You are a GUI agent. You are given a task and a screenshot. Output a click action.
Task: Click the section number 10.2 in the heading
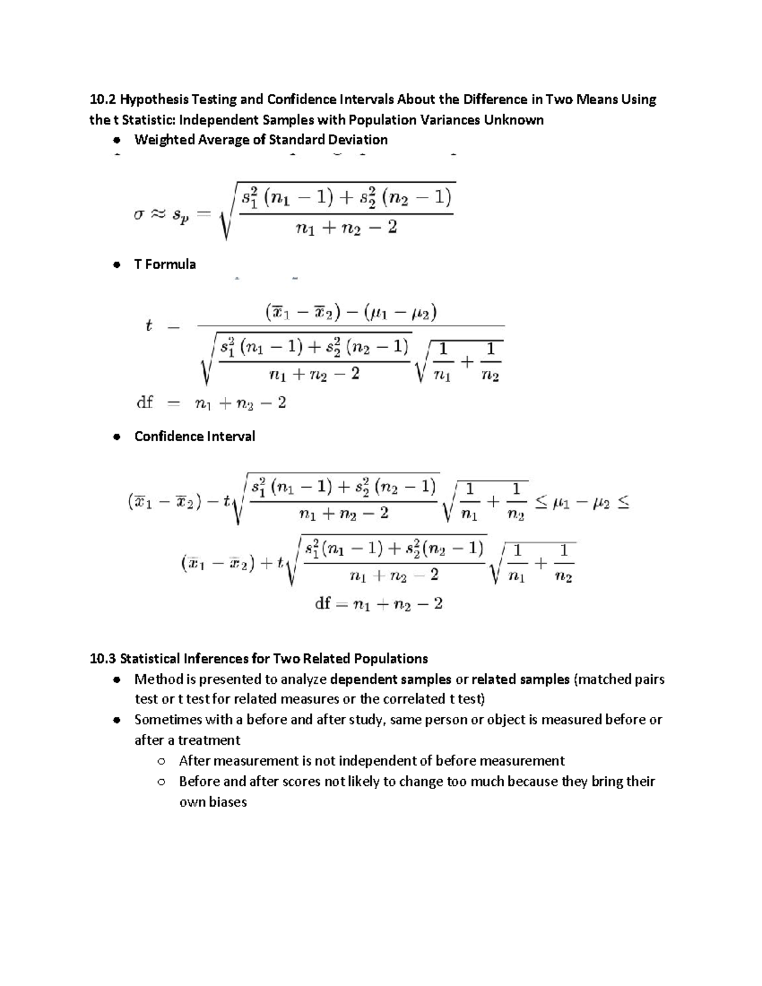click(103, 100)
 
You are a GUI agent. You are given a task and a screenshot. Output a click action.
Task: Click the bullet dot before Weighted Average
click(116, 140)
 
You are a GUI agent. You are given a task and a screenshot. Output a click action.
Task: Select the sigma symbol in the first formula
click(139, 215)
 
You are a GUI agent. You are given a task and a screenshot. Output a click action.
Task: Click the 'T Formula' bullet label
click(165, 265)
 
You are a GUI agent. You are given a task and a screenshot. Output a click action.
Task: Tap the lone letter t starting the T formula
click(149, 326)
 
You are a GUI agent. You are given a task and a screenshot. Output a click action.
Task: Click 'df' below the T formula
click(145, 403)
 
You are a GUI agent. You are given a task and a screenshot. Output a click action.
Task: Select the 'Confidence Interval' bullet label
click(194, 437)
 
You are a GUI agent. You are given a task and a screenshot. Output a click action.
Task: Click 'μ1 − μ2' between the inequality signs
click(581, 503)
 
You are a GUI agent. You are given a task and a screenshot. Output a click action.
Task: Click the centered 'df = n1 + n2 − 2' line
click(378, 604)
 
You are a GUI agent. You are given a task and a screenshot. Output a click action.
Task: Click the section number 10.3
click(103, 658)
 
